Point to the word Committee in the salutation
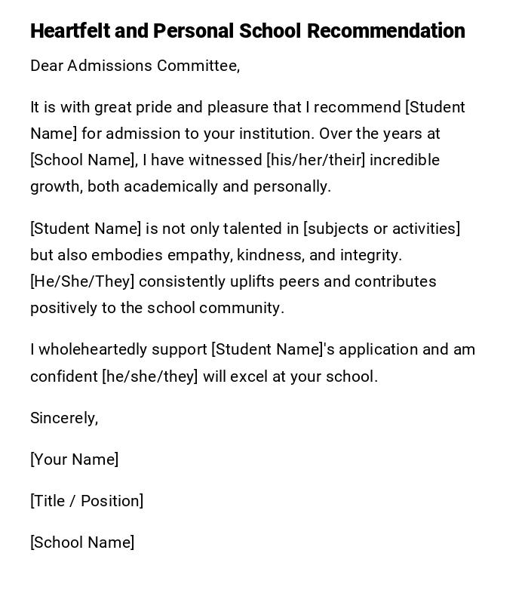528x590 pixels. pyautogui.click(x=198, y=66)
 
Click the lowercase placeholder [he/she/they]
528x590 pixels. pyautogui.click(x=149, y=376)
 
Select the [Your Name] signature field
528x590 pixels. pyautogui.click(x=74, y=459)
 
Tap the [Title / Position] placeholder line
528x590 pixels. pyautogui.click(x=87, y=501)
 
